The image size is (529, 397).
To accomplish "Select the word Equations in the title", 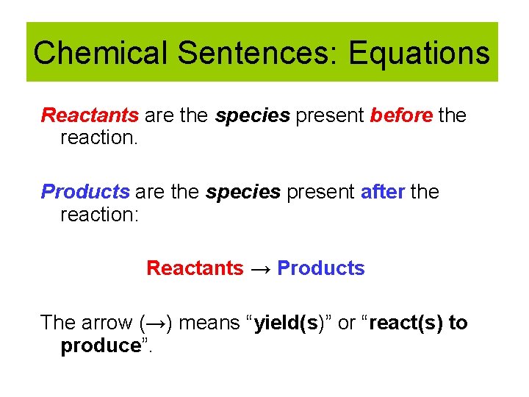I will (419, 53).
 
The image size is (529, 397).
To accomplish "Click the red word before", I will (401, 115).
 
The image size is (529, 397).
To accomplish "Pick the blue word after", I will (382, 192).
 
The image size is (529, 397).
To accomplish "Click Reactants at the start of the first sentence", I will (90, 115).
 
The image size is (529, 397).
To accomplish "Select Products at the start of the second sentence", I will (85, 192).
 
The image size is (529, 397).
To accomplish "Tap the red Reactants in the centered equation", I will (195, 268).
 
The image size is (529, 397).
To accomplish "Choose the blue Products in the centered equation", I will (321, 268).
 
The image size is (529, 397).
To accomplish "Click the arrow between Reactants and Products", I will (260, 269).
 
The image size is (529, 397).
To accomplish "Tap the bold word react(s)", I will (407, 323).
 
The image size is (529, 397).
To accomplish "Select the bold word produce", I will (100, 346).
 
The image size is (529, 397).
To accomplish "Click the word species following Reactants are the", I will (253, 116).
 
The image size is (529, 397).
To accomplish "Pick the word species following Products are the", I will (243, 193).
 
